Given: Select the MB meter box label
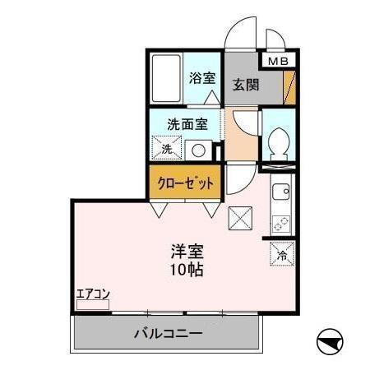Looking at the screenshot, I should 277,61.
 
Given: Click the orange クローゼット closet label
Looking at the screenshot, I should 184,183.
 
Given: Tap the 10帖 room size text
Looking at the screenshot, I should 187,270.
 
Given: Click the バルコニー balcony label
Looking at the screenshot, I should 168,335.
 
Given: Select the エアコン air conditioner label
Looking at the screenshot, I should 93,294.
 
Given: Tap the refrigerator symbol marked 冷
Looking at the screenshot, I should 281,255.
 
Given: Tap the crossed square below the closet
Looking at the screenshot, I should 241,219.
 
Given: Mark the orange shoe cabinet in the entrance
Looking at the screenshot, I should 289,86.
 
